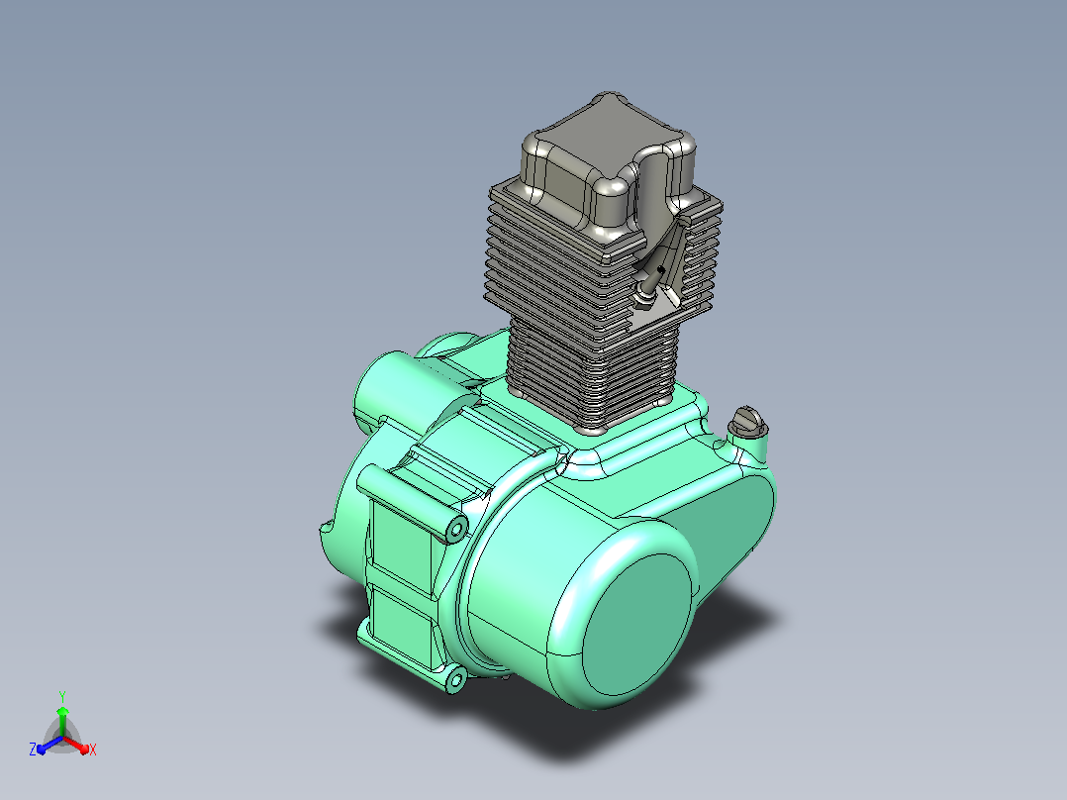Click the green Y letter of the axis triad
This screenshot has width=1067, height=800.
(x=62, y=696)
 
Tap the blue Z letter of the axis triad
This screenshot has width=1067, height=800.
(x=33, y=749)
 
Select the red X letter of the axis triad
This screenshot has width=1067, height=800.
(x=93, y=750)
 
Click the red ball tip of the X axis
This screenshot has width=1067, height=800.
(x=84, y=750)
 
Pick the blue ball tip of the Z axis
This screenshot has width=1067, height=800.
(x=42, y=749)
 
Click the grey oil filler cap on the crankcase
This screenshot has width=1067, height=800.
(x=748, y=422)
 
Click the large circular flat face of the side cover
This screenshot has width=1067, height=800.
(x=637, y=624)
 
